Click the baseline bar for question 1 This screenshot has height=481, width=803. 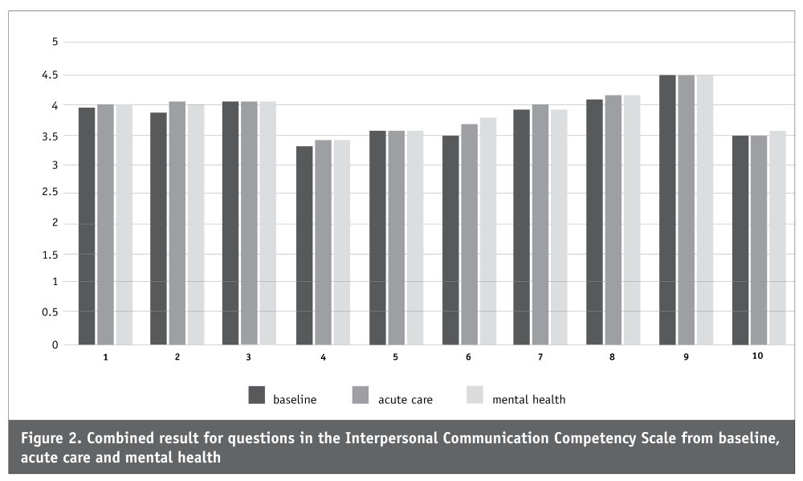pyautogui.click(x=87, y=226)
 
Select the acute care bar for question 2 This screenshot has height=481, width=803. pyautogui.click(x=177, y=222)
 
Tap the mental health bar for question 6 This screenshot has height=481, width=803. pyautogui.click(x=488, y=231)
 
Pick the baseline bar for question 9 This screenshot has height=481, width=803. pyautogui.click(x=667, y=210)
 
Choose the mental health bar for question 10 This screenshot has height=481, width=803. pyautogui.click(x=777, y=238)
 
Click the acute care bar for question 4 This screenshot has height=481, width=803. pyautogui.click(x=323, y=243)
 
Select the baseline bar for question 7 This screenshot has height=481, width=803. pyautogui.click(x=521, y=227)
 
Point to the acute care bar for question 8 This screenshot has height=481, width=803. pyautogui.click(x=613, y=220)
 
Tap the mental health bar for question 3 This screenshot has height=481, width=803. pyautogui.click(x=268, y=222)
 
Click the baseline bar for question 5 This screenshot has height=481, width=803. pyautogui.click(x=377, y=238)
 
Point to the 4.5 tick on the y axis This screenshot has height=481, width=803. pyautogui.click(x=50, y=75)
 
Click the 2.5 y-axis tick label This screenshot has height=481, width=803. pyautogui.click(x=50, y=193)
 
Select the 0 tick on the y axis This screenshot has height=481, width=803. pyautogui.click(x=55, y=345)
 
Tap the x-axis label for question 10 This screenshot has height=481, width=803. pyautogui.click(x=757, y=356)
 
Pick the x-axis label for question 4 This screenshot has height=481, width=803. pyautogui.click(x=323, y=357)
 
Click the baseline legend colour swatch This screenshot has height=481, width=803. pyautogui.click(x=257, y=395)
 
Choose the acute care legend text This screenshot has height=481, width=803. pyautogui.click(x=405, y=400)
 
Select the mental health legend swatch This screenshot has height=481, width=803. pyautogui.click(x=475, y=395)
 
